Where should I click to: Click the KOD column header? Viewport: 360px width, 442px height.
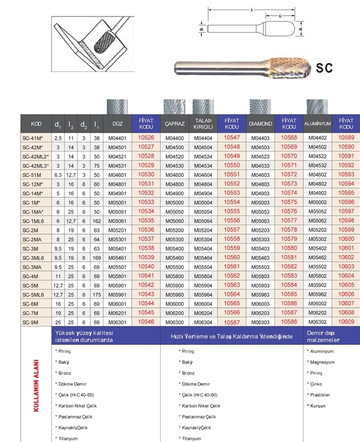(x=36, y=124)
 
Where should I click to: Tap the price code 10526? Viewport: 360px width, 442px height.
(x=145, y=137)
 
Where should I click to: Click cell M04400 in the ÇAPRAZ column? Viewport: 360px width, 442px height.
(x=174, y=137)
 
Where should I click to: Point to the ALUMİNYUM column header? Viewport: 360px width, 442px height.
(x=318, y=124)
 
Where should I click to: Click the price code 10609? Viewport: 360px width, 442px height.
(x=347, y=322)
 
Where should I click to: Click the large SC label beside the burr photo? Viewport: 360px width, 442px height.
(x=325, y=68)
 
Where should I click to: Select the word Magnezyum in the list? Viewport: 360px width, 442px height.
(x=321, y=362)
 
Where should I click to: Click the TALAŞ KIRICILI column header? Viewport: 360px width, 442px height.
(x=203, y=124)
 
